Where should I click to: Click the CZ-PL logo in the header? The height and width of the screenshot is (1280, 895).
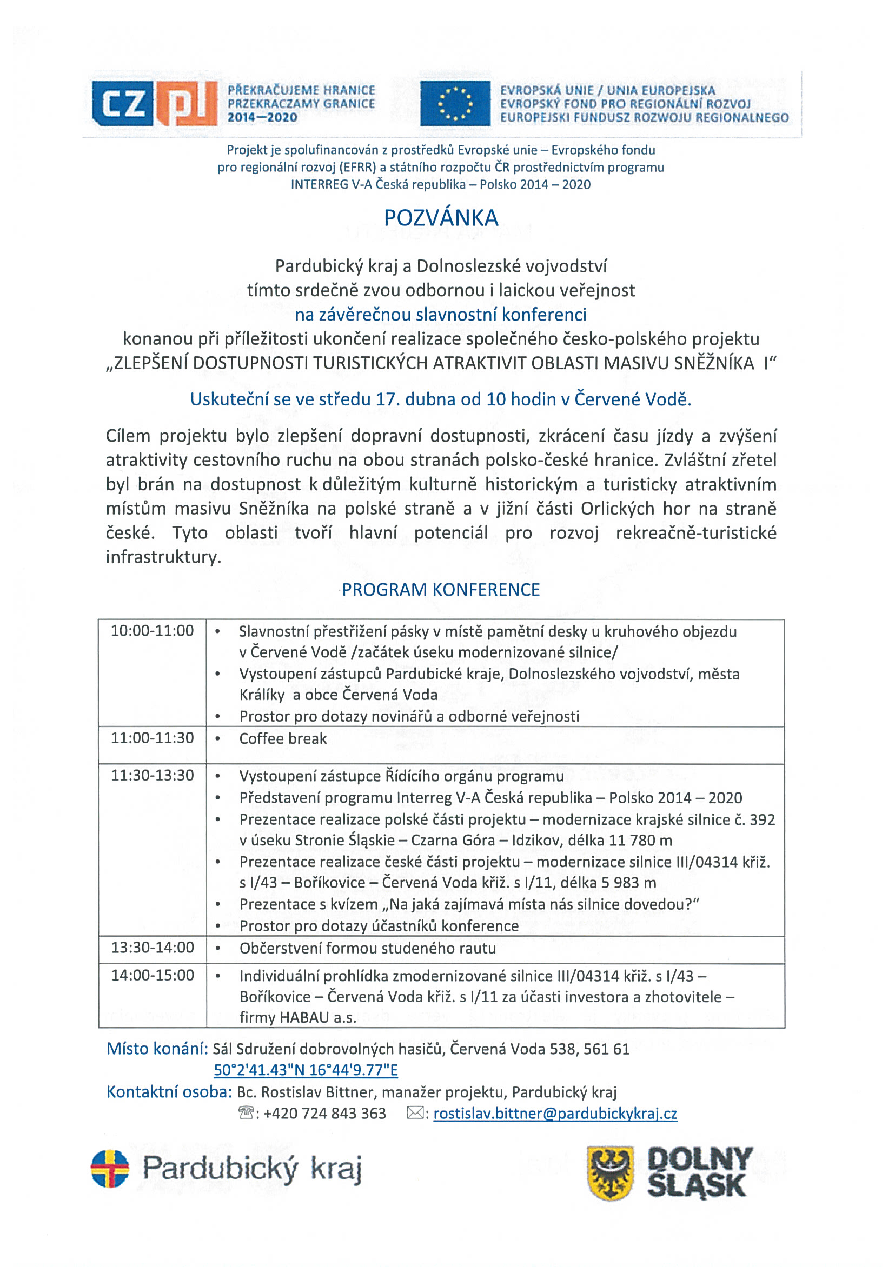(x=155, y=103)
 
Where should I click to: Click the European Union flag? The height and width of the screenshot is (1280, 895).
(x=455, y=103)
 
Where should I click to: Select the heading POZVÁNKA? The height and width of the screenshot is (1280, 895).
(x=441, y=218)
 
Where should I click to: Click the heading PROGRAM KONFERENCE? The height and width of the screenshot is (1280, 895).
(x=441, y=590)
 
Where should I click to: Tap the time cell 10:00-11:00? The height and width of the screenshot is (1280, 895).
(x=153, y=631)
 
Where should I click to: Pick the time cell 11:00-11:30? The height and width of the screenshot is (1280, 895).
(x=153, y=738)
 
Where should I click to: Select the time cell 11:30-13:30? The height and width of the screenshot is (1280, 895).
(x=153, y=776)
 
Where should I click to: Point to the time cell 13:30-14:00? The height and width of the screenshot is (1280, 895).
(x=153, y=948)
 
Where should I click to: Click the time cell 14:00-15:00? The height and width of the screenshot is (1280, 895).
(x=153, y=975)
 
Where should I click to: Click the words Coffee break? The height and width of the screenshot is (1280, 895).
(x=283, y=739)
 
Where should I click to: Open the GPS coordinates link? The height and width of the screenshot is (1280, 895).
(x=306, y=1070)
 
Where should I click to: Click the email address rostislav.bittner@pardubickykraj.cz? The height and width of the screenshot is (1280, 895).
(x=555, y=1114)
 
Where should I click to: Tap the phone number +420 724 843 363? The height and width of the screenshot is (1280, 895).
(x=324, y=1114)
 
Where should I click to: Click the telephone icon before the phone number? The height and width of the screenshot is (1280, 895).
(x=246, y=1114)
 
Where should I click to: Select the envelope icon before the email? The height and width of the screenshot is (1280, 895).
(x=415, y=1114)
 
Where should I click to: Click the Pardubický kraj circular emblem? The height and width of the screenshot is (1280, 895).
(x=110, y=1169)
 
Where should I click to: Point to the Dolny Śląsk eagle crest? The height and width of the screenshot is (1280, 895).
(x=610, y=1173)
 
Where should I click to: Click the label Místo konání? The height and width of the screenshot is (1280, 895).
(x=157, y=1049)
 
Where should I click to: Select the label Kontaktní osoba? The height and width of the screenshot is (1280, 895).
(x=169, y=1091)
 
